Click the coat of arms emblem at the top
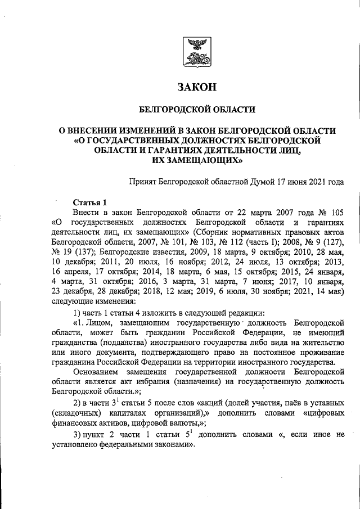pos(196,53)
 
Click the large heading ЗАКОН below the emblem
pos(196,87)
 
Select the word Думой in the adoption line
pos(259,182)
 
